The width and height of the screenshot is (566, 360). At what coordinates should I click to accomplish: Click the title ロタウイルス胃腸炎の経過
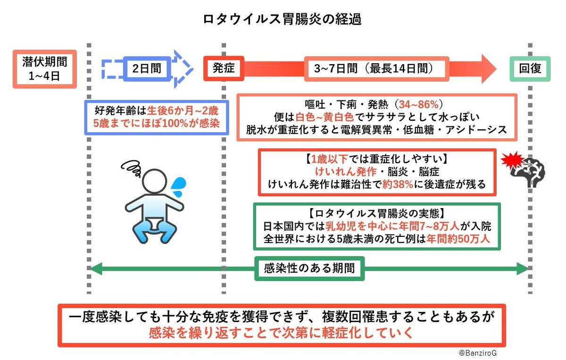pos(282,19)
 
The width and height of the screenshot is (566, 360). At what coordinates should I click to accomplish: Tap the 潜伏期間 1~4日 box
pos(45,69)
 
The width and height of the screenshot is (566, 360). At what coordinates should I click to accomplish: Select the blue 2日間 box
pos(147,69)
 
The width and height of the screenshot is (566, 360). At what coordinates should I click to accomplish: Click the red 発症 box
pos(224,68)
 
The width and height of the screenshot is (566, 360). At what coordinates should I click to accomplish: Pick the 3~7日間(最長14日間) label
pos(376,69)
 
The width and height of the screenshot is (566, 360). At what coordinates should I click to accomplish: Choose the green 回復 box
pos(530,69)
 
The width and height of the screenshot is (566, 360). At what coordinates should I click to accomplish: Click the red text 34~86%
pos(419,104)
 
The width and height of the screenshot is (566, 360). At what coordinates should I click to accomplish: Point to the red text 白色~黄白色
pos(325,117)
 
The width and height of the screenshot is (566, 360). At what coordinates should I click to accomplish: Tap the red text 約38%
pos(398,184)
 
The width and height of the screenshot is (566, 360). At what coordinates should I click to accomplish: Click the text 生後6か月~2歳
pos(183,111)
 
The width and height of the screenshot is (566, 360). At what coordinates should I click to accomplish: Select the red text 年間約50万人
pos(458,239)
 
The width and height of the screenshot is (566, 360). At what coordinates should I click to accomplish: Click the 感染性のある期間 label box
pos(309,268)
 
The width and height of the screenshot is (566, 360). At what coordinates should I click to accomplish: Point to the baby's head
pos(154,181)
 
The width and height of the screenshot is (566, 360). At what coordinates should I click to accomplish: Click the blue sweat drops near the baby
pos(178,186)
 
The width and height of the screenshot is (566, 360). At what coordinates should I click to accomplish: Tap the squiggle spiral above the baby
pos(132,168)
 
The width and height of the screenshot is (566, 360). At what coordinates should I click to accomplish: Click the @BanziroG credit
pos(477,353)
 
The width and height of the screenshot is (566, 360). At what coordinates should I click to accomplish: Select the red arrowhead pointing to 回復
pos(489,69)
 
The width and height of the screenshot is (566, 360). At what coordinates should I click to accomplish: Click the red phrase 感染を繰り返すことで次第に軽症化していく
pos(281,333)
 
